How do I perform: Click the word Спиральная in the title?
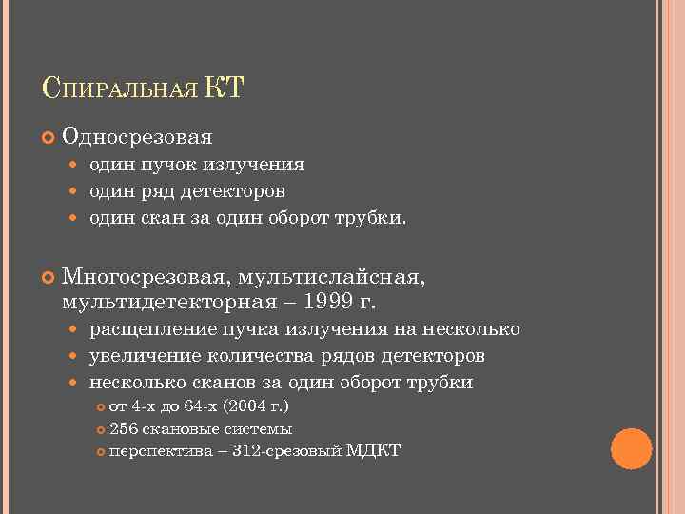coord(121,90)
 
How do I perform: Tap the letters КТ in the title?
coord(225,89)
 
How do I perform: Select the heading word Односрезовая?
coord(137,137)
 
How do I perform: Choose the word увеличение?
coord(142,357)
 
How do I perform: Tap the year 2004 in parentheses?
coord(264,407)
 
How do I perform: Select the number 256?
coord(123,428)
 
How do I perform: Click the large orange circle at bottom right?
coord(631,448)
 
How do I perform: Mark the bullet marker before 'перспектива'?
coord(104,450)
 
